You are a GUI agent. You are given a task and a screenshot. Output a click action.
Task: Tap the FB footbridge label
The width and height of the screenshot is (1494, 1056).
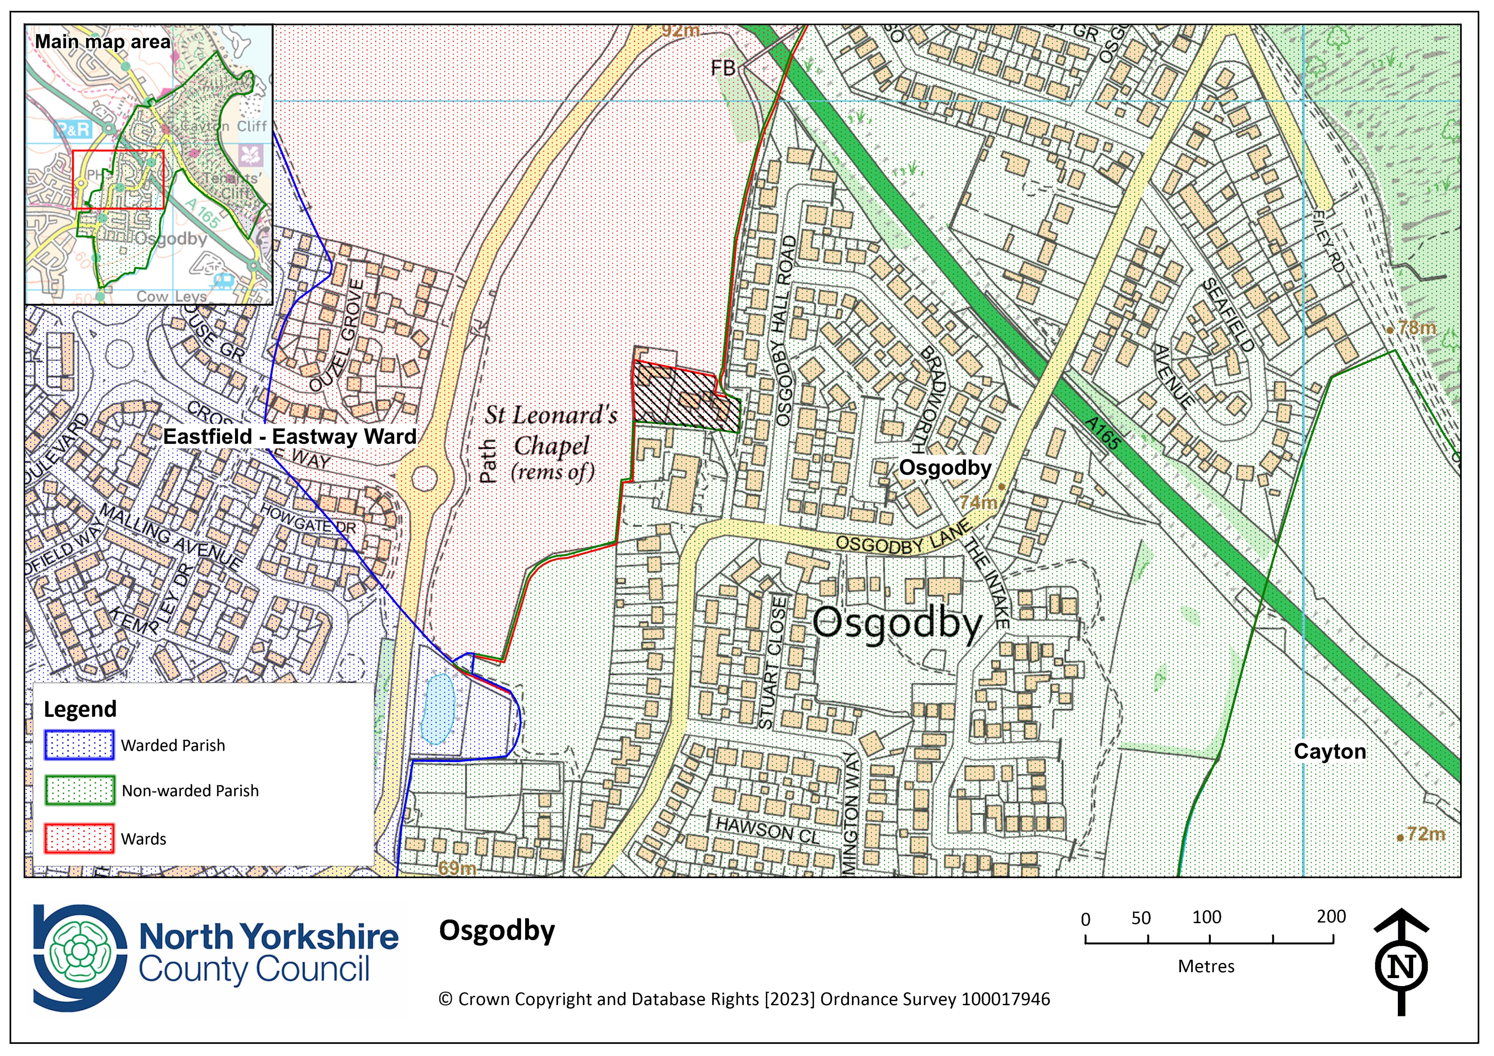pos(723,68)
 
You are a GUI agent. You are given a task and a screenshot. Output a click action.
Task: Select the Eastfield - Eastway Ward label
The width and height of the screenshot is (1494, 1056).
pos(289,437)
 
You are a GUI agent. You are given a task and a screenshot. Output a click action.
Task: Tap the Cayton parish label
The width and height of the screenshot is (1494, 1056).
pos(1329,751)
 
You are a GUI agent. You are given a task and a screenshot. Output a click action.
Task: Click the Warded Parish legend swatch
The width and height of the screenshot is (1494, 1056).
pos(80,745)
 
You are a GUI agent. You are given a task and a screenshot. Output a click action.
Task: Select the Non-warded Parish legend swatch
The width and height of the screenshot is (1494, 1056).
pos(80,791)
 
